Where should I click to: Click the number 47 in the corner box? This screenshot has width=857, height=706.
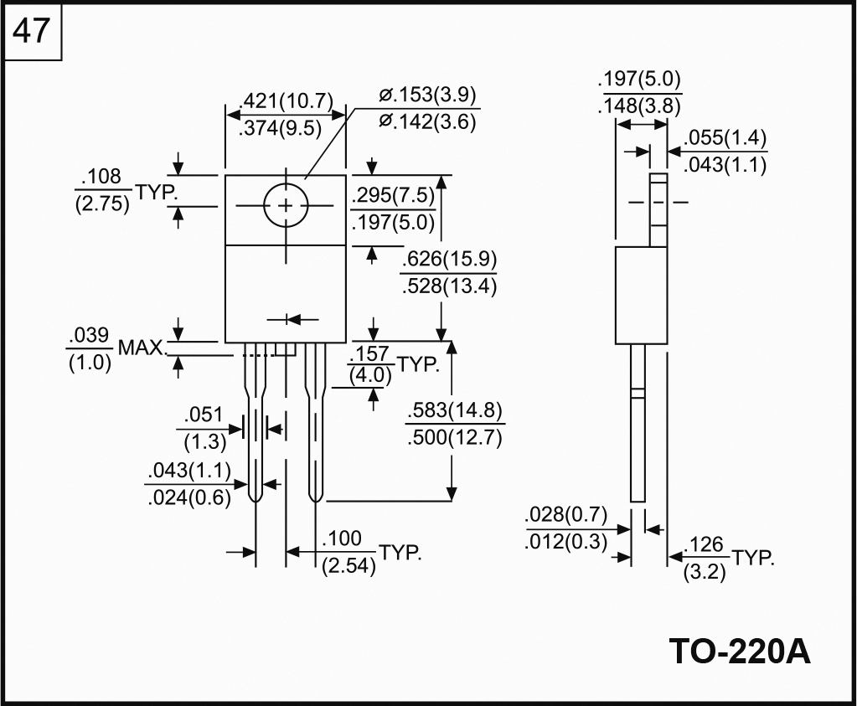coord(33,32)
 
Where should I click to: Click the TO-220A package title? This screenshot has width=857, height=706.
coord(740,651)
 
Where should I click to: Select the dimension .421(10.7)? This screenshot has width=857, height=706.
coord(286,101)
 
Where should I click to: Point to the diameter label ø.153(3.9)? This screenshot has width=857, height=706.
coord(427,95)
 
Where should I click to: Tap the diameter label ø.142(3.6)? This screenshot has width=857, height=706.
coord(427,122)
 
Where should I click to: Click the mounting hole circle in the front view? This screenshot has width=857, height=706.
coord(287,205)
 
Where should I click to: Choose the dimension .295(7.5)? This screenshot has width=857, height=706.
coord(394,195)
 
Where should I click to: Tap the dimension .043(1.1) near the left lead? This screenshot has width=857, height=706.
coord(188,470)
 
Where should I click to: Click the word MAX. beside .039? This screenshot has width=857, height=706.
coord(142,347)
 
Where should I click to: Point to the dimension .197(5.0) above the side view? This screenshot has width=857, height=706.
coord(640,80)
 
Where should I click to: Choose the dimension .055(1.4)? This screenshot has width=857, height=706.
coord(725,138)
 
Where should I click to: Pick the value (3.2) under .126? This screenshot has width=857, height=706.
coord(705,574)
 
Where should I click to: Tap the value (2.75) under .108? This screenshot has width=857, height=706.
coord(102,204)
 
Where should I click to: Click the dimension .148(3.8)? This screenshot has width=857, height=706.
coord(640,106)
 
